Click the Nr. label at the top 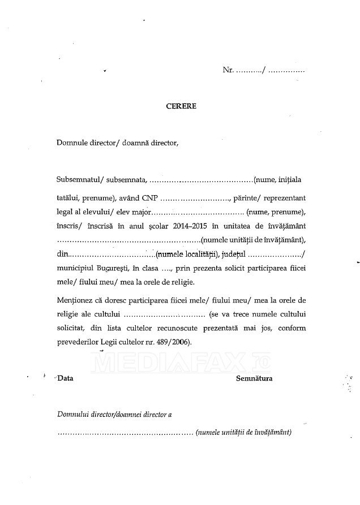click(x=228, y=72)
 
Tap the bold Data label click(x=65, y=378)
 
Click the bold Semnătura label click(x=254, y=378)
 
